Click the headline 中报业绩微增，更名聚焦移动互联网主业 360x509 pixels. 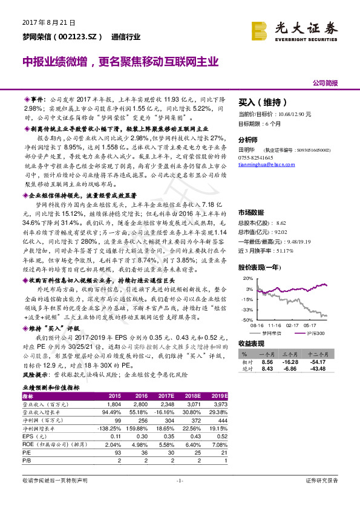pos(120,62)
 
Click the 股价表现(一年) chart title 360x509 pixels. pos(260,267)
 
